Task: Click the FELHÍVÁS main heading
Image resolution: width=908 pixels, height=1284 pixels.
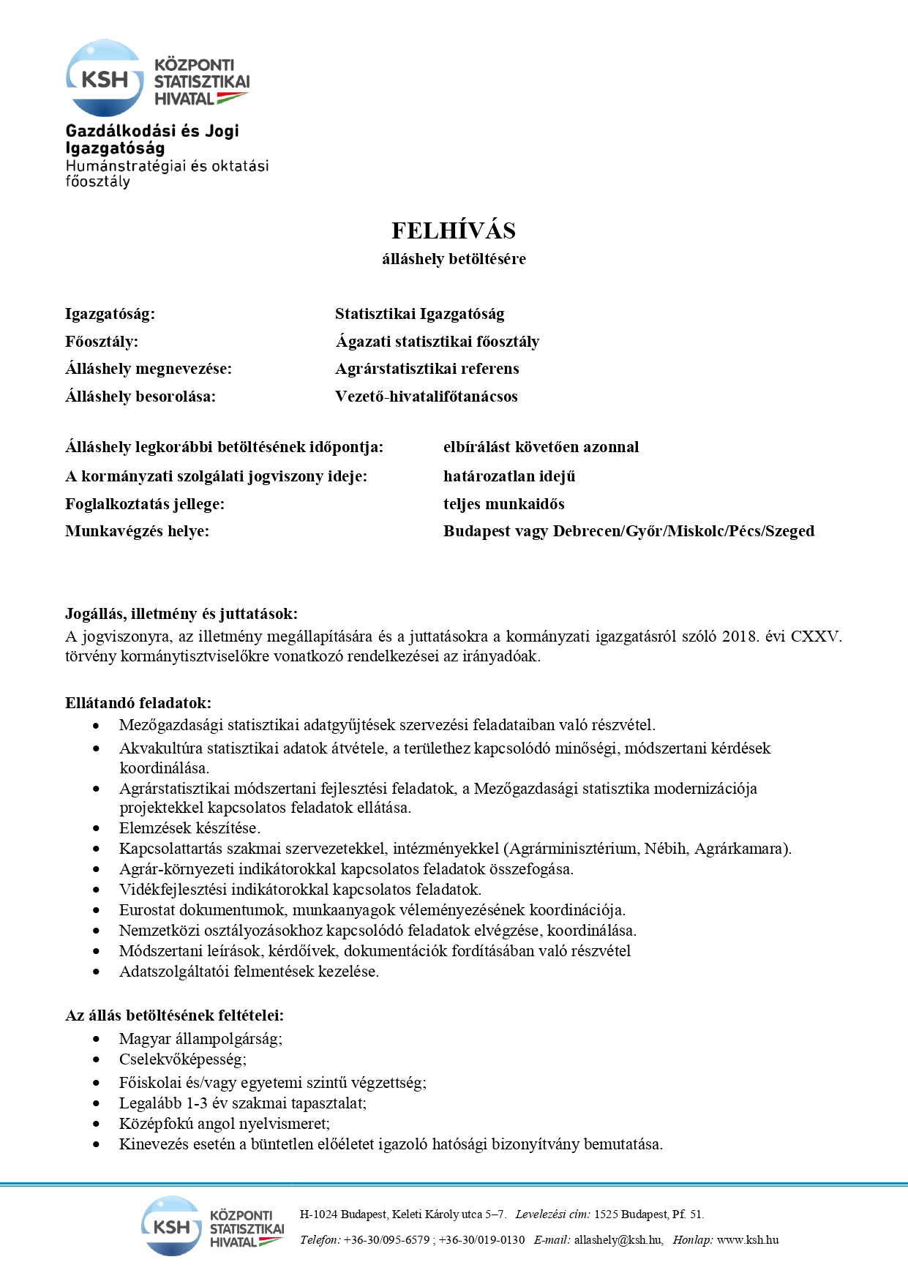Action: point(453,230)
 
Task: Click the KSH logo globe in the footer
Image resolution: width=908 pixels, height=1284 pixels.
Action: point(170,1226)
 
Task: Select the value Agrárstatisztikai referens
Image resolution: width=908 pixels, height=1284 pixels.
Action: point(427,369)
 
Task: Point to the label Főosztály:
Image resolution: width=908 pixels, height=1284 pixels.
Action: point(101,342)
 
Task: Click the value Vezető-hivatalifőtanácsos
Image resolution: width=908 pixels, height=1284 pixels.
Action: point(426,397)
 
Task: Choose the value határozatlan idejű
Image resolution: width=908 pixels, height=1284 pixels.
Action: point(509,476)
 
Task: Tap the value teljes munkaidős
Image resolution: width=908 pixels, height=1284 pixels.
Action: point(503,504)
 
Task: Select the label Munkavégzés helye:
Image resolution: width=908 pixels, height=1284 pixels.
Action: point(137,531)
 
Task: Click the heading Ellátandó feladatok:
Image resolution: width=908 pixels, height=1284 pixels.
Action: point(138,703)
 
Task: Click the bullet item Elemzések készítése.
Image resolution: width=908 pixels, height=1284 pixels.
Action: point(190,828)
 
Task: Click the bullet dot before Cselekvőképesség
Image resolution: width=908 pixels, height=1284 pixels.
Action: point(97,1059)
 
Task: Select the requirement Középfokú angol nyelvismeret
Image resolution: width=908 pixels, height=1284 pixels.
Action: point(224,1124)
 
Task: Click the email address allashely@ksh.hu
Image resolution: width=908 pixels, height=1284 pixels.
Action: point(618,1239)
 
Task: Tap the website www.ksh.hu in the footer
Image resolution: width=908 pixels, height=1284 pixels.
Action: point(747,1239)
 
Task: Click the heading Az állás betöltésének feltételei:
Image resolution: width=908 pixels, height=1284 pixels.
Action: point(174,1015)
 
